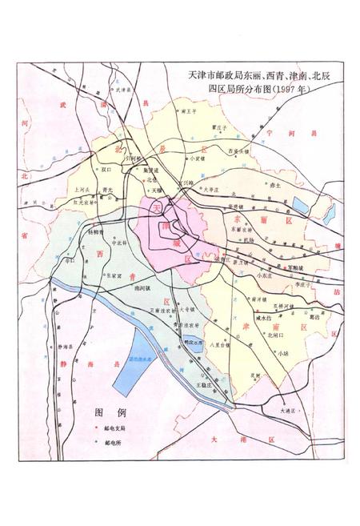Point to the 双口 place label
(x=106, y=170)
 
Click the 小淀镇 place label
(x=190, y=158)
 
